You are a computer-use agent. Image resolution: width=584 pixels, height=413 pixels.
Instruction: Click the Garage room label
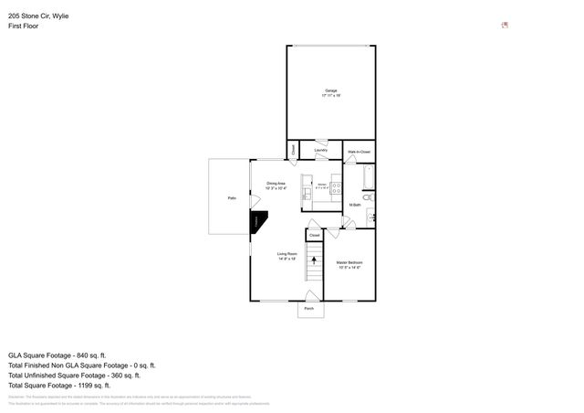(330, 91)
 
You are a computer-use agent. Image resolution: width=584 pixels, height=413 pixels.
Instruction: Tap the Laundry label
(320, 150)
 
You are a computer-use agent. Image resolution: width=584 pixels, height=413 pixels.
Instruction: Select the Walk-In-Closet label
(359, 151)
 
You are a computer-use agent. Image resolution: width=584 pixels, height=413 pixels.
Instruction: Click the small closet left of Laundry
(293, 149)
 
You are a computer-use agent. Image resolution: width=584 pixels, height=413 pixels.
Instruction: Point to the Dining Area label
(276, 185)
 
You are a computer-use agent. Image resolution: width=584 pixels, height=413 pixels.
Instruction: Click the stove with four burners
(336, 188)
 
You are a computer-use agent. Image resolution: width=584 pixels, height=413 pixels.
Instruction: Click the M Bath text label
(356, 205)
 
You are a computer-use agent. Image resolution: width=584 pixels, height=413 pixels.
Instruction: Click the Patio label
(233, 197)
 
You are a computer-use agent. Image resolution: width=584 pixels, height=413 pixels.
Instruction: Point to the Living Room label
(287, 257)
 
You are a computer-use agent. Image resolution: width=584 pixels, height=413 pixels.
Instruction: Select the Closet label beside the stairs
(314, 236)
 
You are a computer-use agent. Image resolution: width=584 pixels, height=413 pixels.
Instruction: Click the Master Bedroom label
(350, 264)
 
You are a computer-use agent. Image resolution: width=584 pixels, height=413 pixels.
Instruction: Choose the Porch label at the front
(308, 310)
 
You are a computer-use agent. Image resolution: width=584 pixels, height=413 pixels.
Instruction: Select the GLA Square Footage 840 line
(57, 355)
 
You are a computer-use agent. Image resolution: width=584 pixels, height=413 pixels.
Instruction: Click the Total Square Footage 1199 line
(64, 385)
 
